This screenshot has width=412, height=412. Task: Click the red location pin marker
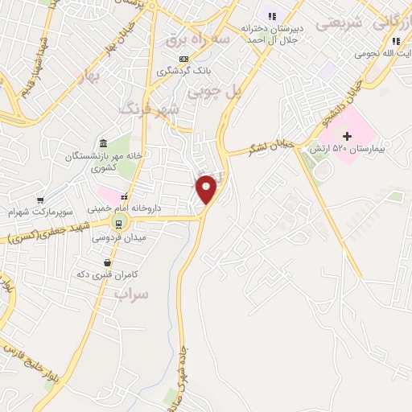[x=207, y=190]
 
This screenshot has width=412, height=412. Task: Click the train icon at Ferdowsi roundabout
[x=119, y=223]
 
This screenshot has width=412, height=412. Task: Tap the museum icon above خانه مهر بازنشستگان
[x=103, y=142]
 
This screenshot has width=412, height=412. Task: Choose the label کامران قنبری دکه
[x=108, y=274]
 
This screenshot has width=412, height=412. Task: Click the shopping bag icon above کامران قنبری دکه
[x=107, y=262]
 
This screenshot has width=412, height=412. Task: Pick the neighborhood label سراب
[x=132, y=295]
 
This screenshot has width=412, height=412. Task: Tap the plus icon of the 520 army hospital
[x=348, y=135]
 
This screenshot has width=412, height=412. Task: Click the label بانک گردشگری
[x=183, y=70]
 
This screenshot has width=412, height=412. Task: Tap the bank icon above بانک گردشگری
[x=184, y=58]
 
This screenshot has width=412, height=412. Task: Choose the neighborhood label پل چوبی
[x=215, y=93]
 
